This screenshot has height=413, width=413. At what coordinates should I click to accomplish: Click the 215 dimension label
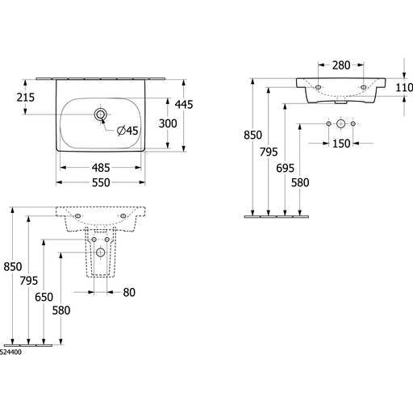click(x=26, y=98)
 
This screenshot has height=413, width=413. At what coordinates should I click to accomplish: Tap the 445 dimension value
click(x=184, y=104)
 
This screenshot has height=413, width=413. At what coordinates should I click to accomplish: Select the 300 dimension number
click(x=168, y=123)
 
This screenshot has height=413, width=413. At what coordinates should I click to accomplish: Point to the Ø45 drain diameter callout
click(x=127, y=131)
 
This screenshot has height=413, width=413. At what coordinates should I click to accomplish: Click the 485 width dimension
click(x=101, y=168)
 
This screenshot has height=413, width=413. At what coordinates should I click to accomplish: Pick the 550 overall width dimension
click(x=101, y=182)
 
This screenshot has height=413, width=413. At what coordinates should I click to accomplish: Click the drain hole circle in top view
click(x=101, y=115)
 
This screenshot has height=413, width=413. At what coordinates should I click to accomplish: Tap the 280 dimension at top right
click(x=341, y=65)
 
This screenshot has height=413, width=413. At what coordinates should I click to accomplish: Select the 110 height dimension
click(x=404, y=87)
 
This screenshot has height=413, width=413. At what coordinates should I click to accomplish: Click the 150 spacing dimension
click(x=341, y=144)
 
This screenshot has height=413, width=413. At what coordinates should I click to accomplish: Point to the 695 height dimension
click(x=285, y=169)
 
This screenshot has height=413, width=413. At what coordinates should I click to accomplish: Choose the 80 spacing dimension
click(x=129, y=292)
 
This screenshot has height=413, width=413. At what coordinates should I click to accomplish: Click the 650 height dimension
click(x=44, y=297)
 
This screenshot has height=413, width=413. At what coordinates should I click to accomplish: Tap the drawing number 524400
click(x=10, y=353)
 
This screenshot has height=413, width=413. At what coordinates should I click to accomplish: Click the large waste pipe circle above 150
click(x=340, y=123)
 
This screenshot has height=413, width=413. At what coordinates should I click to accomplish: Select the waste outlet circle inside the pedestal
click(x=101, y=252)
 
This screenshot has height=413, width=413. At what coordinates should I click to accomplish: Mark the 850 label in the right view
click(x=252, y=135)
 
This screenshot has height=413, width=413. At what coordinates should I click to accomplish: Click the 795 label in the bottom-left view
click(x=29, y=281)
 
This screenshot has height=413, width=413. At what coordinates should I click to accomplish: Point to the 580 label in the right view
click(x=300, y=183)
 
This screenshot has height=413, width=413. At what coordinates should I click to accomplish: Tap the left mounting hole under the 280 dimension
click(x=318, y=87)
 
